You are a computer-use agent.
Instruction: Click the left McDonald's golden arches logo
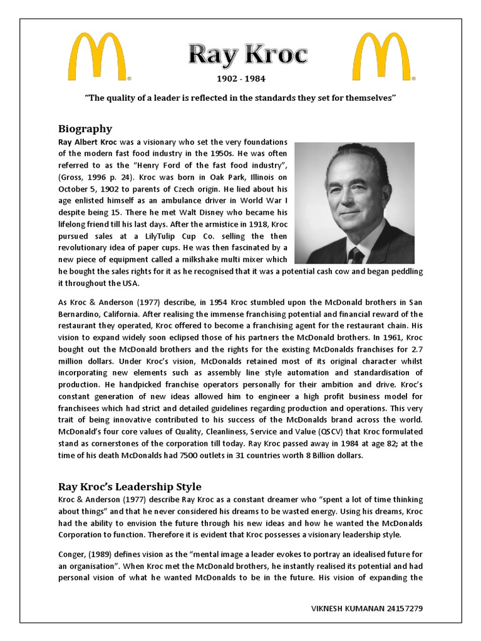pos(99,58)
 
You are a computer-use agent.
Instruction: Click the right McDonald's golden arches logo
pos(380,58)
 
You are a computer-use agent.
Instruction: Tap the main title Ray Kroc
pos(249,56)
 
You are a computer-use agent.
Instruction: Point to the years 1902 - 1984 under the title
pos(240,79)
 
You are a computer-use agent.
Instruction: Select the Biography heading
pos(85,129)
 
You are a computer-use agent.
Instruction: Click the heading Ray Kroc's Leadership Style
pos(130,486)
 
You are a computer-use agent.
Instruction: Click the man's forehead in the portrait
pos(353,170)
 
